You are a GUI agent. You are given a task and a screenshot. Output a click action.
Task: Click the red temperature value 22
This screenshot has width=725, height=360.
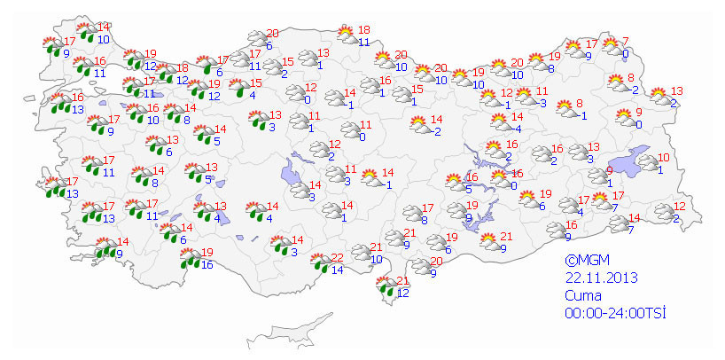click(337, 258)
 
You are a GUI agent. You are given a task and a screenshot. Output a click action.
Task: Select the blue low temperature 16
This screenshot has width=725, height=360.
click(207, 264)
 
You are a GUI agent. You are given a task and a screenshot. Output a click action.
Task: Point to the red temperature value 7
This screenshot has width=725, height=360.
click(625, 42)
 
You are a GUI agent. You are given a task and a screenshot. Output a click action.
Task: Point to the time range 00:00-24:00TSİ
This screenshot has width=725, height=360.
click(615, 313)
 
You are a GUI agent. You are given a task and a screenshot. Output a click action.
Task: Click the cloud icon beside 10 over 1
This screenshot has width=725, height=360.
click(649, 163)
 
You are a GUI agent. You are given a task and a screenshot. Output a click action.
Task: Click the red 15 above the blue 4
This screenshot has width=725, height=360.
click(257, 83)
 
